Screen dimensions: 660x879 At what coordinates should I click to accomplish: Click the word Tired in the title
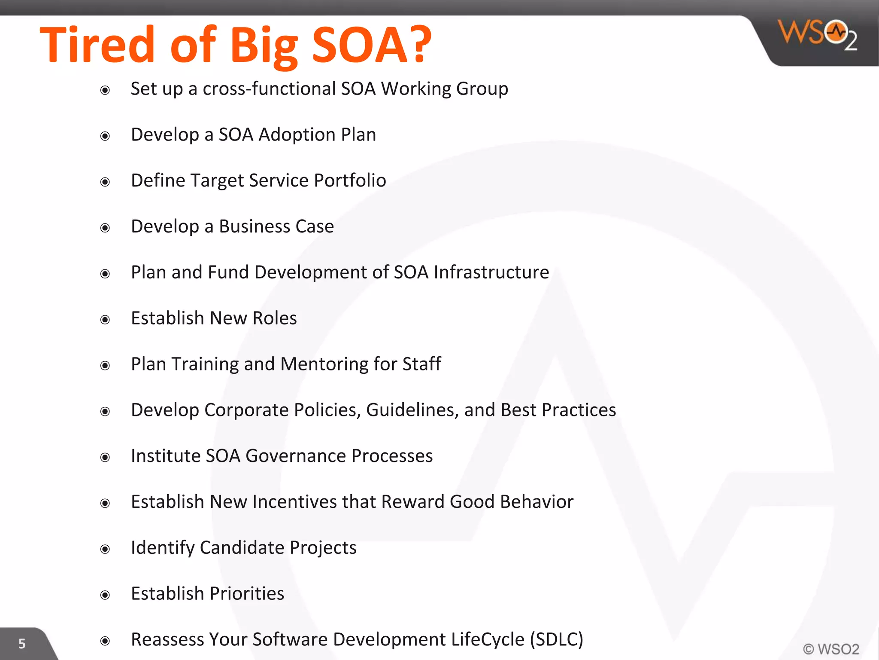click(x=97, y=45)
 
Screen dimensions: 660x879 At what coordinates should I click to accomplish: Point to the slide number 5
click(x=22, y=644)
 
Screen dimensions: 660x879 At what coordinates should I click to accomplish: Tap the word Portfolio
click(x=350, y=181)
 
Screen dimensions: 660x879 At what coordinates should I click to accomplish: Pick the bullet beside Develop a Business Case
click(x=105, y=228)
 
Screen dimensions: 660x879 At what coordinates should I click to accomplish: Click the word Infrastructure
click(x=491, y=272)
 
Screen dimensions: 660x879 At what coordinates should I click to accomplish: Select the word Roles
click(x=275, y=318)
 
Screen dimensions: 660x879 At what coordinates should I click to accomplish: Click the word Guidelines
click(x=412, y=410)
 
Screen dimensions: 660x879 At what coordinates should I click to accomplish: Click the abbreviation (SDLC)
click(x=556, y=640)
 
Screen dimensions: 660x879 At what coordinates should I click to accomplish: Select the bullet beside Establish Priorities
click(x=105, y=595)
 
